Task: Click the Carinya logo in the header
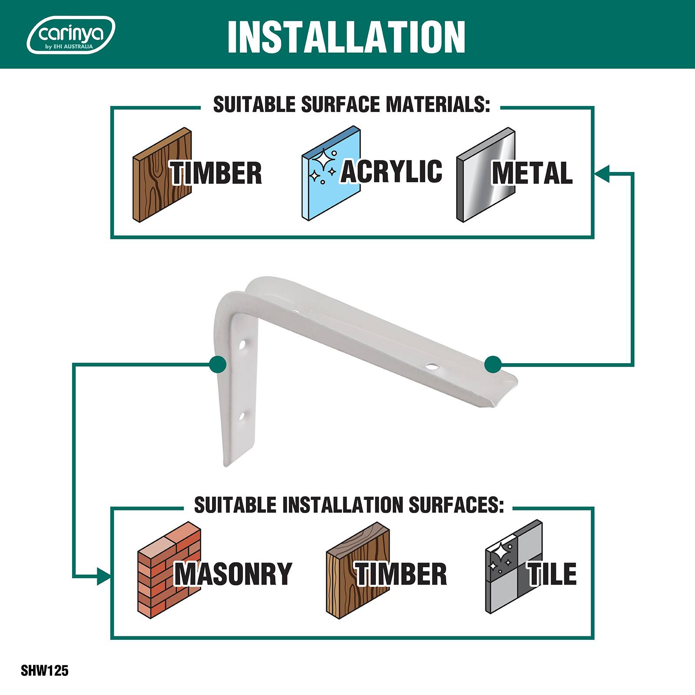pos(71,35)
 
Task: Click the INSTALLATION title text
pos(347,36)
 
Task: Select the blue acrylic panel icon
pos(331,174)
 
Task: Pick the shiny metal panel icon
pos(486,175)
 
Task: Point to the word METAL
pos(532,173)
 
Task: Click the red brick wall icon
pos(169,569)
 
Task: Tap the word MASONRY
pos(233,574)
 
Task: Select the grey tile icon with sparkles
pos(514,567)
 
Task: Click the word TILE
pos(552,573)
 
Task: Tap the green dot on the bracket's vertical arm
pos(218,364)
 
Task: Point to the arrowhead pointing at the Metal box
pos(602,173)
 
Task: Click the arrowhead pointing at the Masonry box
pos(103,576)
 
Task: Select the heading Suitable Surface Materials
pos(351,105)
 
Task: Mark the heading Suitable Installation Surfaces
pos(349,505)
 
